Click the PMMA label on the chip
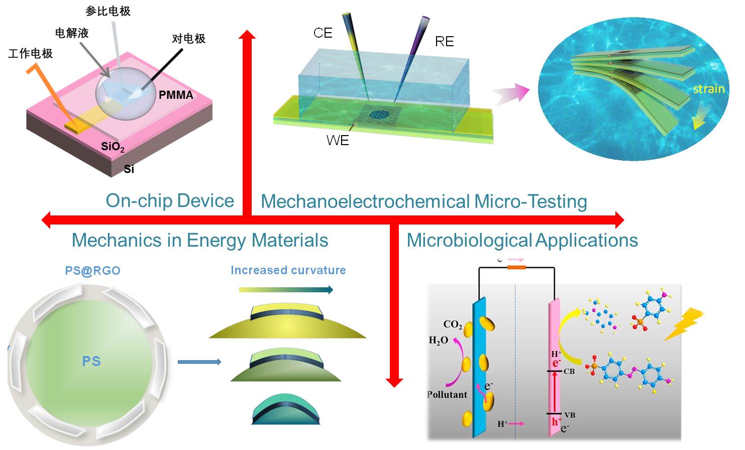176,95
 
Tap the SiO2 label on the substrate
113,147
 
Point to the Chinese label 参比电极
108,11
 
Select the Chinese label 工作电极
31,53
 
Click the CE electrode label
323,33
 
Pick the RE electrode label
444,41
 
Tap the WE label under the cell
337,141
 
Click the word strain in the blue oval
708,89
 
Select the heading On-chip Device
170,201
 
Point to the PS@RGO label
92,271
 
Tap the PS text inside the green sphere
91,361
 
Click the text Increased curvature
288,270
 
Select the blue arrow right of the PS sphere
199,362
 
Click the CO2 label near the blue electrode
452,324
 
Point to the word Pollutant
447,395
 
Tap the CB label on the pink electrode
569,372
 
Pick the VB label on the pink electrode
569,415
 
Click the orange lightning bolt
684,324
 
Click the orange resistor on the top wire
516,267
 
